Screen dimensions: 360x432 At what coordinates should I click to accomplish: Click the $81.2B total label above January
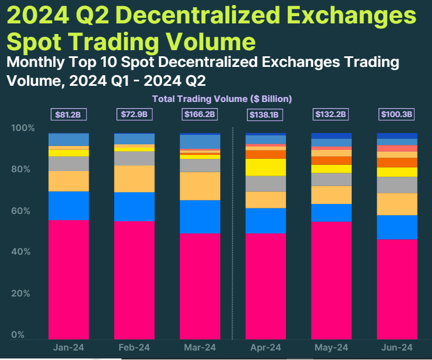[x=69, y=115]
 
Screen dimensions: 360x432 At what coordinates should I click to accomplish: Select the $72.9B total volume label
[x=134, y=115]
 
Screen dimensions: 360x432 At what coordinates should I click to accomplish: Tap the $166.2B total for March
[x=200, y=115]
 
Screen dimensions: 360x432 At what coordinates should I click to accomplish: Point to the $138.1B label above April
[x=266, y=115]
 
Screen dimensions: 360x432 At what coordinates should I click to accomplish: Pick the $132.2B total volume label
[x=332, y=115]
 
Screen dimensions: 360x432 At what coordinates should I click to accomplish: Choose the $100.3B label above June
[x=397, y=115]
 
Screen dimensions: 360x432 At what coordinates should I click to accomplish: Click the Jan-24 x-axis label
[x=69, y=348]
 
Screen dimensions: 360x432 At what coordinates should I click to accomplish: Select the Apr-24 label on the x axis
[x=266, y=348]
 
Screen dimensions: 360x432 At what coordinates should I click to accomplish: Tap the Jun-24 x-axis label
[x=397, y=348]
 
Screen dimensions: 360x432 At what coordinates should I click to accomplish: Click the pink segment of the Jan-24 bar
[x=69, y=279]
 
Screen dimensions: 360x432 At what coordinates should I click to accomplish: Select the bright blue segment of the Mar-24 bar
[x=200, y=216]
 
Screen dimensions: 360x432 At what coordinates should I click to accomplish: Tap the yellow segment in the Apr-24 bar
[x=266, y=167]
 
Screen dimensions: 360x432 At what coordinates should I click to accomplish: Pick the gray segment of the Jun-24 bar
[x=397, y=184]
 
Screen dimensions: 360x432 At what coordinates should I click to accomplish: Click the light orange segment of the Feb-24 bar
[x=134, y=178]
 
